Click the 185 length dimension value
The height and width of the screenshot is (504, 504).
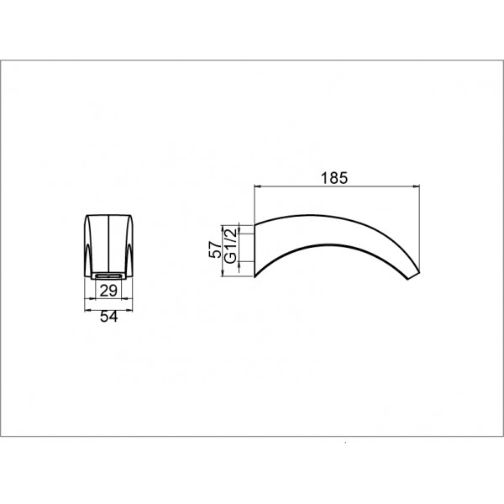click(334, 178)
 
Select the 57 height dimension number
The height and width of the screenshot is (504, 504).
click(215, 249)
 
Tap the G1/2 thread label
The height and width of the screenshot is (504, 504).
click(231, 245)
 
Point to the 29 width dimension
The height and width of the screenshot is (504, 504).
click(108, 291)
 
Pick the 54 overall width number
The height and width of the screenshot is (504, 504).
click(108, 317)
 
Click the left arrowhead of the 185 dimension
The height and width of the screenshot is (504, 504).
click(257, 186)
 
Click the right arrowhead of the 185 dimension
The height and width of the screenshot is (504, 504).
click(417, 186)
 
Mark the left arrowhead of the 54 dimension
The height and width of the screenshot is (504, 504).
click(87, 310)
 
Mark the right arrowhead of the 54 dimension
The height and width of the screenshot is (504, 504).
click(129, 310)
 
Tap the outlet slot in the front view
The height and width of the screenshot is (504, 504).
click(108, 276)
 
